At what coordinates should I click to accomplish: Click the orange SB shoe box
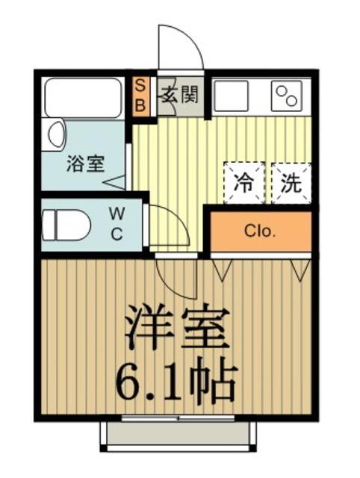click(140, 96)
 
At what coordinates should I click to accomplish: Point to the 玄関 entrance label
click(178, 94)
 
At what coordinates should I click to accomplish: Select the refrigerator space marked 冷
click(243, 182)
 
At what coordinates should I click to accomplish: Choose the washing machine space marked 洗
click(290, 182)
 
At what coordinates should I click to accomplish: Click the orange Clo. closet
click(260, 231)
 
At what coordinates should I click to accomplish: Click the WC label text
click(117, 223)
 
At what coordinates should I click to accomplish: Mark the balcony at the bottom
click(179, 435)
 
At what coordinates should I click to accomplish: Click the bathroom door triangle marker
click(115, 181)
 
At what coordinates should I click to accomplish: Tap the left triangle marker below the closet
click(221, 269)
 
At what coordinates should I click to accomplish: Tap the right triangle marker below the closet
click(300, 269)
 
